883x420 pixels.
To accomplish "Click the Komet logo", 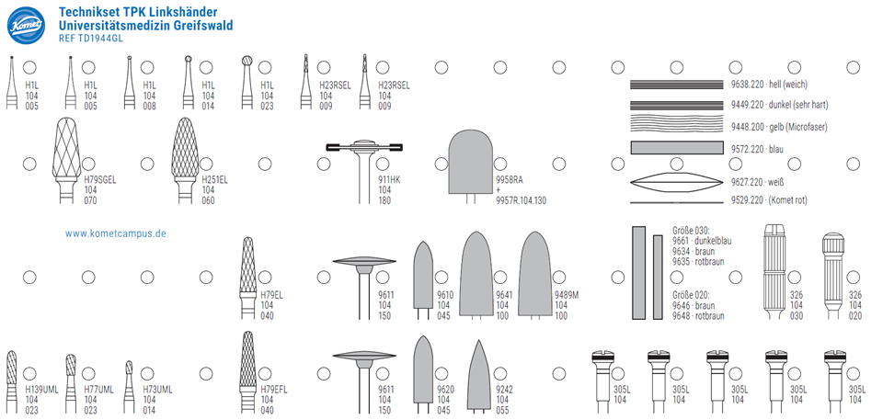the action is (x=26, y=26).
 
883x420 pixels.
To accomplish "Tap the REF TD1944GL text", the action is (x=90, y=39).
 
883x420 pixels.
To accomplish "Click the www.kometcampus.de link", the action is (x=116, y=233).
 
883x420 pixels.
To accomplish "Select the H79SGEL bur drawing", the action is (x=66, y=160).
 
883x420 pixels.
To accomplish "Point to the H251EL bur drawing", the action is (x=185, y=160).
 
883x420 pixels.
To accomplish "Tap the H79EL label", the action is (x=271, y=294).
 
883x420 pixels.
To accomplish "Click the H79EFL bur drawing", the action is (x=247, y=372).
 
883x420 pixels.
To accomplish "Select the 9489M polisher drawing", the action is (x=535, y=275).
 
